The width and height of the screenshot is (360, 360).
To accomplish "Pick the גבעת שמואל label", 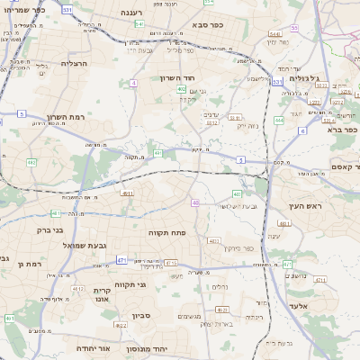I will coord(85,244).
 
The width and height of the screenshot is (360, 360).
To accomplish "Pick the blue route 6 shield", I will coord(302,130).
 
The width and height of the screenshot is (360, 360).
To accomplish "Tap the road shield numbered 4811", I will coord(127,193).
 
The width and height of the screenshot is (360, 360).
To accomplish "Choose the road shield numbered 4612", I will coord(213,241).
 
